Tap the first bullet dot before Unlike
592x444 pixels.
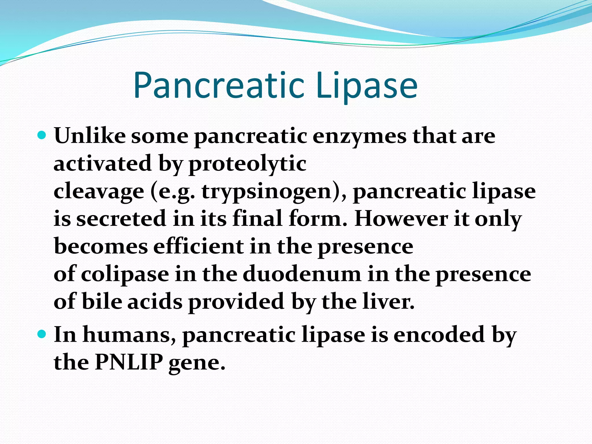coord(42,135)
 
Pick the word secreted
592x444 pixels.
coord(121,219)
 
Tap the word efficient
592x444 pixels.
coord(198,246)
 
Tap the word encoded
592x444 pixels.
coord(439,335)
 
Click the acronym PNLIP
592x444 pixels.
coord(129,362)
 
